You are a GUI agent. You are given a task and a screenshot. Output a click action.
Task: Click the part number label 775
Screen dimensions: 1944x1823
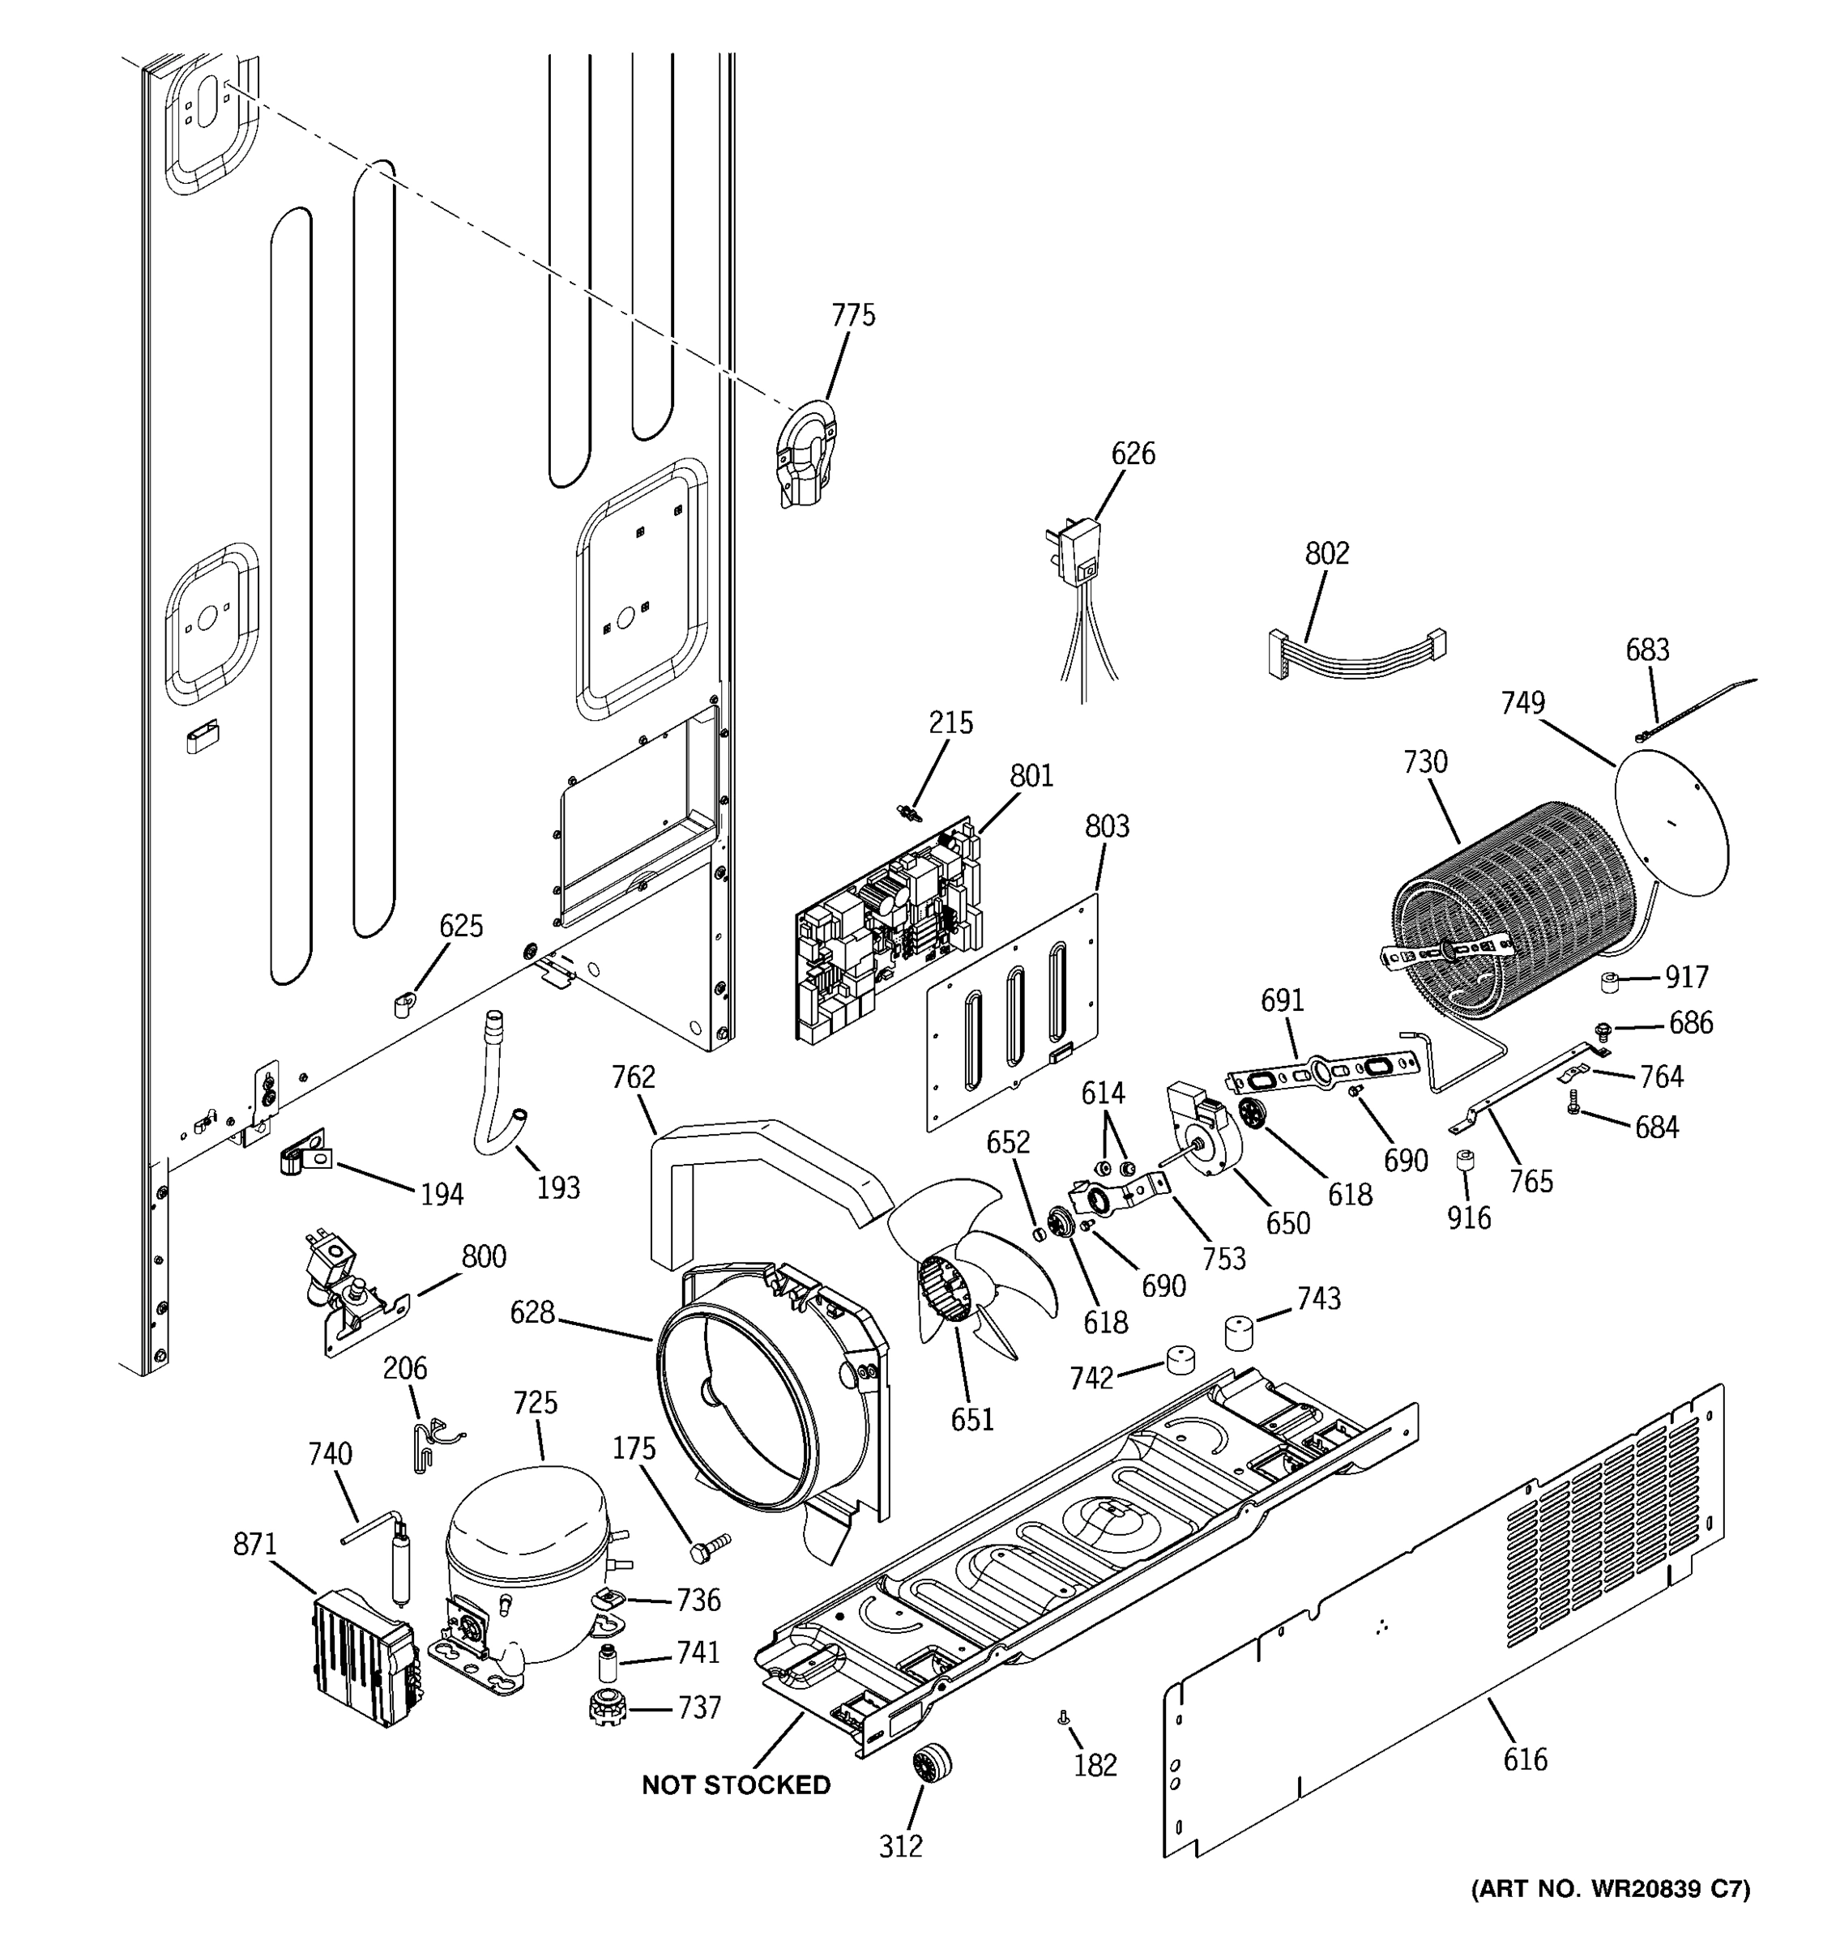click(x=853, y=316)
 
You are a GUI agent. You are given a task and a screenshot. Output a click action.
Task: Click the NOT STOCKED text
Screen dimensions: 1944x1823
click(x=736, y=1784)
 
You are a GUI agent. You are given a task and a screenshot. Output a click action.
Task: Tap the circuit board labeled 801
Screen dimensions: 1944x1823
click(x=885, y=929)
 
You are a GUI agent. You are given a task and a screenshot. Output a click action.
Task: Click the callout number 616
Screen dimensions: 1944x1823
click(x=1525, y=1760)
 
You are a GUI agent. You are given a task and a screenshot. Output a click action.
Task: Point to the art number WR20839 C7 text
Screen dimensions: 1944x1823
click(x=1610, y=1916)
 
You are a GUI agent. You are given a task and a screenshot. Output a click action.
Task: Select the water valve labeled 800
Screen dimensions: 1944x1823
click(x=352, y=1291)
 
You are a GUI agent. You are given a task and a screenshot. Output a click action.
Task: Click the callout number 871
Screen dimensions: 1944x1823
click(x=255, y=1545)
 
